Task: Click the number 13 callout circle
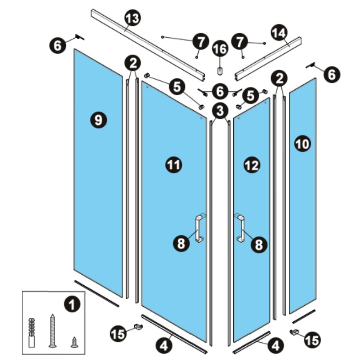(x=132, y=18)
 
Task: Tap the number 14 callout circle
(x=280, y=33)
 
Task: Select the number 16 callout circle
(x=220, y=49)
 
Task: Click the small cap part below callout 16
(x=220, y=71)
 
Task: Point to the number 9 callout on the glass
(x=98, y=120)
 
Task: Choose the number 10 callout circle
(x=303, y=144)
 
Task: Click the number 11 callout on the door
(x=174, y=165)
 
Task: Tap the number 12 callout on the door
(x=252, y=165)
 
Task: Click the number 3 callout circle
(x=220, y=111)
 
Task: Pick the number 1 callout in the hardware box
(x=72, y=305)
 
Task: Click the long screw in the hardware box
(x=53, y=331)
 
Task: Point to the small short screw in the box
(x=74, y=342)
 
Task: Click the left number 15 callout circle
(x=119, y=334)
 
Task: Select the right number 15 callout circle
(x=313, y=340)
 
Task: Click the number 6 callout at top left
(x=58, y=45)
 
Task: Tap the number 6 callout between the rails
(x=220, y=92)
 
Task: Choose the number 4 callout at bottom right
(x=276, y=345)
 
